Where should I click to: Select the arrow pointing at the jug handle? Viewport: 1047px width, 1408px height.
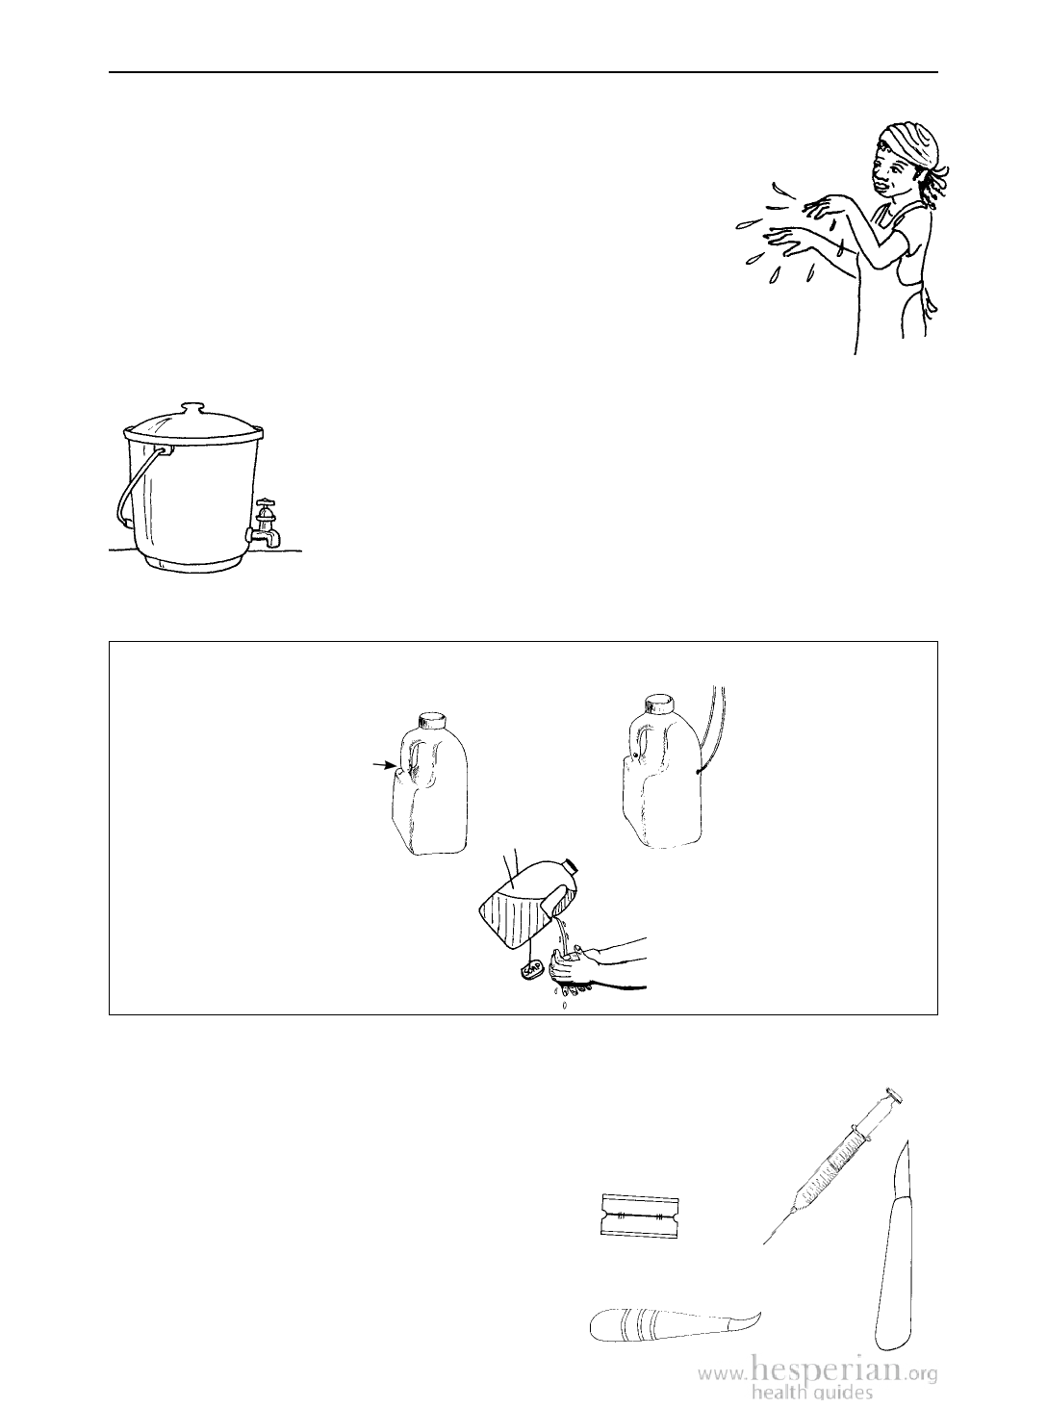tap(384, 767)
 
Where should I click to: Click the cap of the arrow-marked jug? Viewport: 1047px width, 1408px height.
tap(434, 721)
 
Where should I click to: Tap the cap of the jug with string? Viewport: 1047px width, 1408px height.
tap(660, 703)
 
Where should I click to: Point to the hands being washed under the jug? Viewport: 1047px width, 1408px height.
tap(575, 969)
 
